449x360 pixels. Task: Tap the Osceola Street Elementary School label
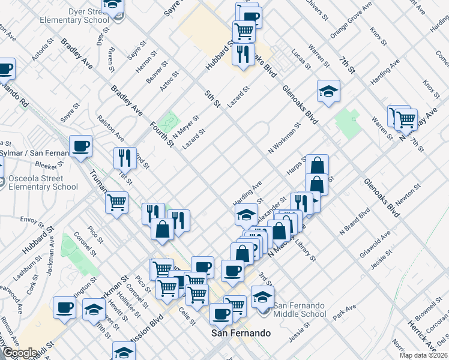click(39, 182)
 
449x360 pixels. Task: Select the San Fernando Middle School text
click(300, 310)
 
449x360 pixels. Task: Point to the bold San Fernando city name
click(240, 333)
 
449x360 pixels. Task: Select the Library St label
click(304, 251)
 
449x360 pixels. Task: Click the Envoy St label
click(32, 220)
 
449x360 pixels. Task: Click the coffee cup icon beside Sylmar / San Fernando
click(80, 146)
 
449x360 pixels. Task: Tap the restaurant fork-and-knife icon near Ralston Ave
click(125, 158)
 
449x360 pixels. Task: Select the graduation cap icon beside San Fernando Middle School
click(262, 296)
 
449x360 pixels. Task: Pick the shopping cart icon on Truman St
click(117, 202)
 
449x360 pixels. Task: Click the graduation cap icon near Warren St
click(328, 92)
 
